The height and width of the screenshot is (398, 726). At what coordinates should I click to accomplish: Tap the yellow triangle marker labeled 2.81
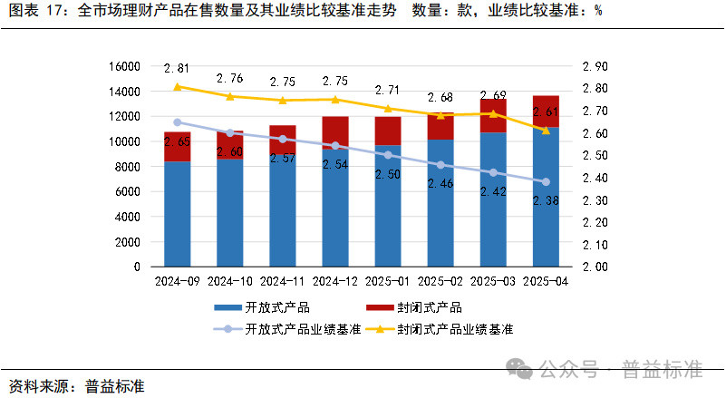[x=178, y=86]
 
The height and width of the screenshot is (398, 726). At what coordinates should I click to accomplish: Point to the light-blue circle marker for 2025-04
[x=546, y=181]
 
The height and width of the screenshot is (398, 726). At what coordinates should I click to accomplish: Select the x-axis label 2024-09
[x=178, y=281]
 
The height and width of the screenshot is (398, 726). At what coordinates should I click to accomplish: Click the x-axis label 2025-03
[x=493, y=281]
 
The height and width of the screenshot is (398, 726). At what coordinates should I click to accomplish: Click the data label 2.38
[x=546, y=201]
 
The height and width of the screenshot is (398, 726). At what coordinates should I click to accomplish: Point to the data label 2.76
[x=230, y=79]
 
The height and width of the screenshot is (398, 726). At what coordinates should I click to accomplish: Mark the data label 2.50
[x=388, y=174]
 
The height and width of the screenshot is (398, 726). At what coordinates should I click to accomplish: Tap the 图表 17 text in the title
[x=36, y=12]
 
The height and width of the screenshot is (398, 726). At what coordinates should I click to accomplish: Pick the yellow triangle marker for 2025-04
[x=546, y=131]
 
